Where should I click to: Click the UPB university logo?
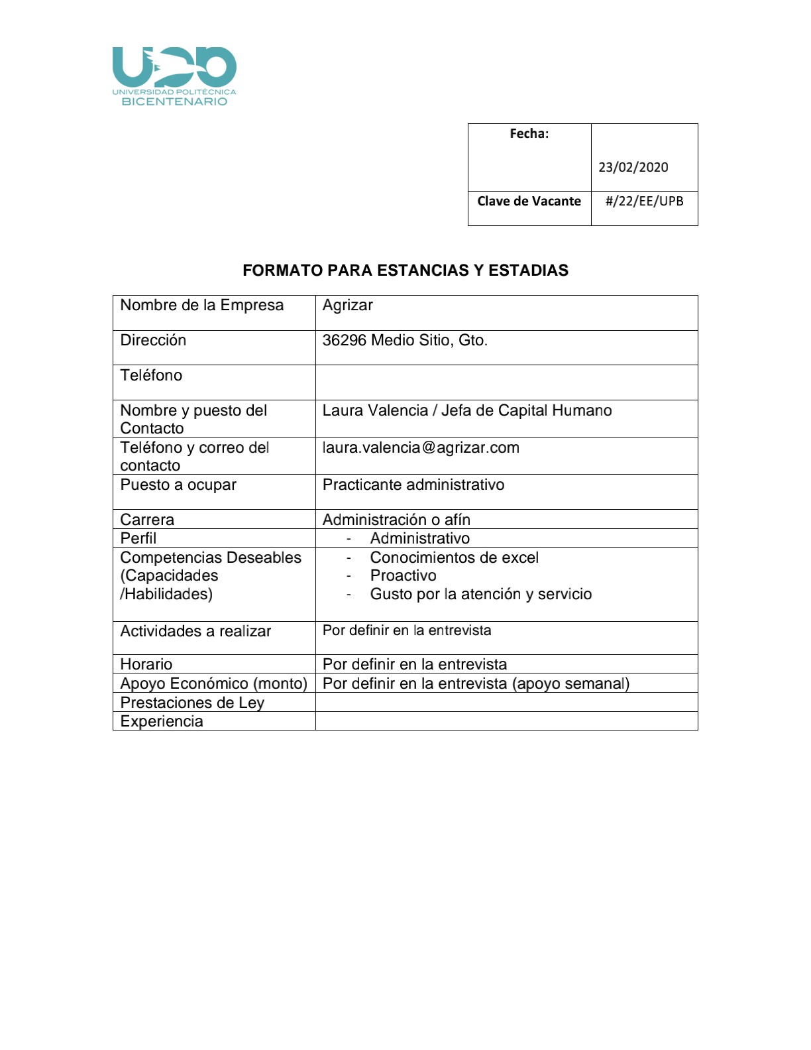[x=174, y=76]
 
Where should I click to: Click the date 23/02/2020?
[x=633, y=167]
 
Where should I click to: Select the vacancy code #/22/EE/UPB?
[x=644, y=201]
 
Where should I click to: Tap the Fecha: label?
[x=529, y=134]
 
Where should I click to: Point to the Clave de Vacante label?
[x=529, y=201]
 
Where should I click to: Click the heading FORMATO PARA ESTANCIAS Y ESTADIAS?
[x=405, y=270]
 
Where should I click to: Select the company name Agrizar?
[x=347, y=306]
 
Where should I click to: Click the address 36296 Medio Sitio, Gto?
[x=404, y=341]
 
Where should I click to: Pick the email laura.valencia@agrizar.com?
[x=420, y=448]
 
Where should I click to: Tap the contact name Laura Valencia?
[x=375, y=411]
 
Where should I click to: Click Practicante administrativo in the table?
[x=413, y=485]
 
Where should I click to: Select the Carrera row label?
[x=147, y=520]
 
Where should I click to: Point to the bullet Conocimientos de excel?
[x=454, y=558]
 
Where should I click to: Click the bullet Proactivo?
[x=403, y=576]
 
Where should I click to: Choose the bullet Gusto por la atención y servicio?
[x=480, y=595]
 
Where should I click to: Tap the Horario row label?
[x=146, y=664]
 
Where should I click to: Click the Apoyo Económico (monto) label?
[x=213, y=683]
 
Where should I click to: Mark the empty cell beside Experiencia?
[x=506, y=721]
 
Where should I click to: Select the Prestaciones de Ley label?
[x=192, y=703]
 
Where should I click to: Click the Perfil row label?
[x=138, y=538]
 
